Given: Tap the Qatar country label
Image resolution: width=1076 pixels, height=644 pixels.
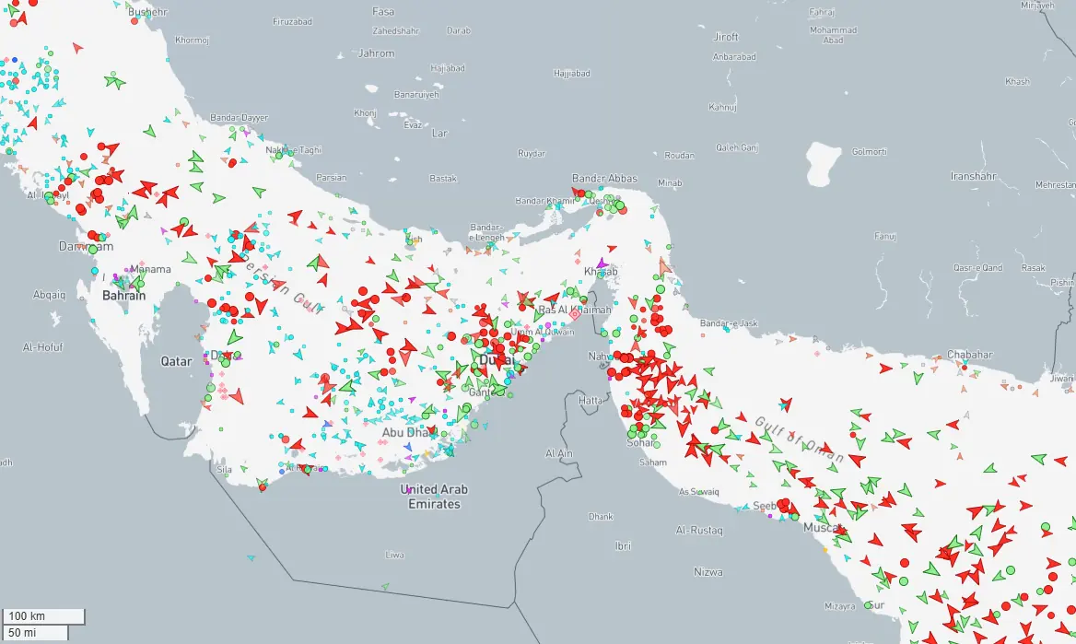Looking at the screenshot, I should pos(176,361).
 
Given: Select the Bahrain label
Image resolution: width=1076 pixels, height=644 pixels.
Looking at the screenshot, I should pos(123,296).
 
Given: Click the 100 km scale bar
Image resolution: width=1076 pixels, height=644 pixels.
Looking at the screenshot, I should pos(43,615).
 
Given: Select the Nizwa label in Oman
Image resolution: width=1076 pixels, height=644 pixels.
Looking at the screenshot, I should pos(708,572).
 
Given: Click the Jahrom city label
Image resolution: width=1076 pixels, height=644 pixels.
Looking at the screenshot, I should pos(376,53).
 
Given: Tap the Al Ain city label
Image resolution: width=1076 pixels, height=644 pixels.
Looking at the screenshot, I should pos(559,453).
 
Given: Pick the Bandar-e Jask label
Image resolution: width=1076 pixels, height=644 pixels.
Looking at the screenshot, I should pos(728,323).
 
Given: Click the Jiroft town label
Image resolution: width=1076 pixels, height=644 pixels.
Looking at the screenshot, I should pos(726,37).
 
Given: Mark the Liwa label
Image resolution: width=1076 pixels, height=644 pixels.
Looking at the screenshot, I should pos(394,555).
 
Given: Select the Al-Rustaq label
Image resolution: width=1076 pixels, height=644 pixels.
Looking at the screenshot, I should pos(699,531).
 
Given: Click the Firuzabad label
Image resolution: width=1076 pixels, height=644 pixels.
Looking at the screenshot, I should pos(294,19).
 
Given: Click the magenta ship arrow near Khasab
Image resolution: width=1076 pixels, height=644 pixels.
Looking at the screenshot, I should pos(602,263).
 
